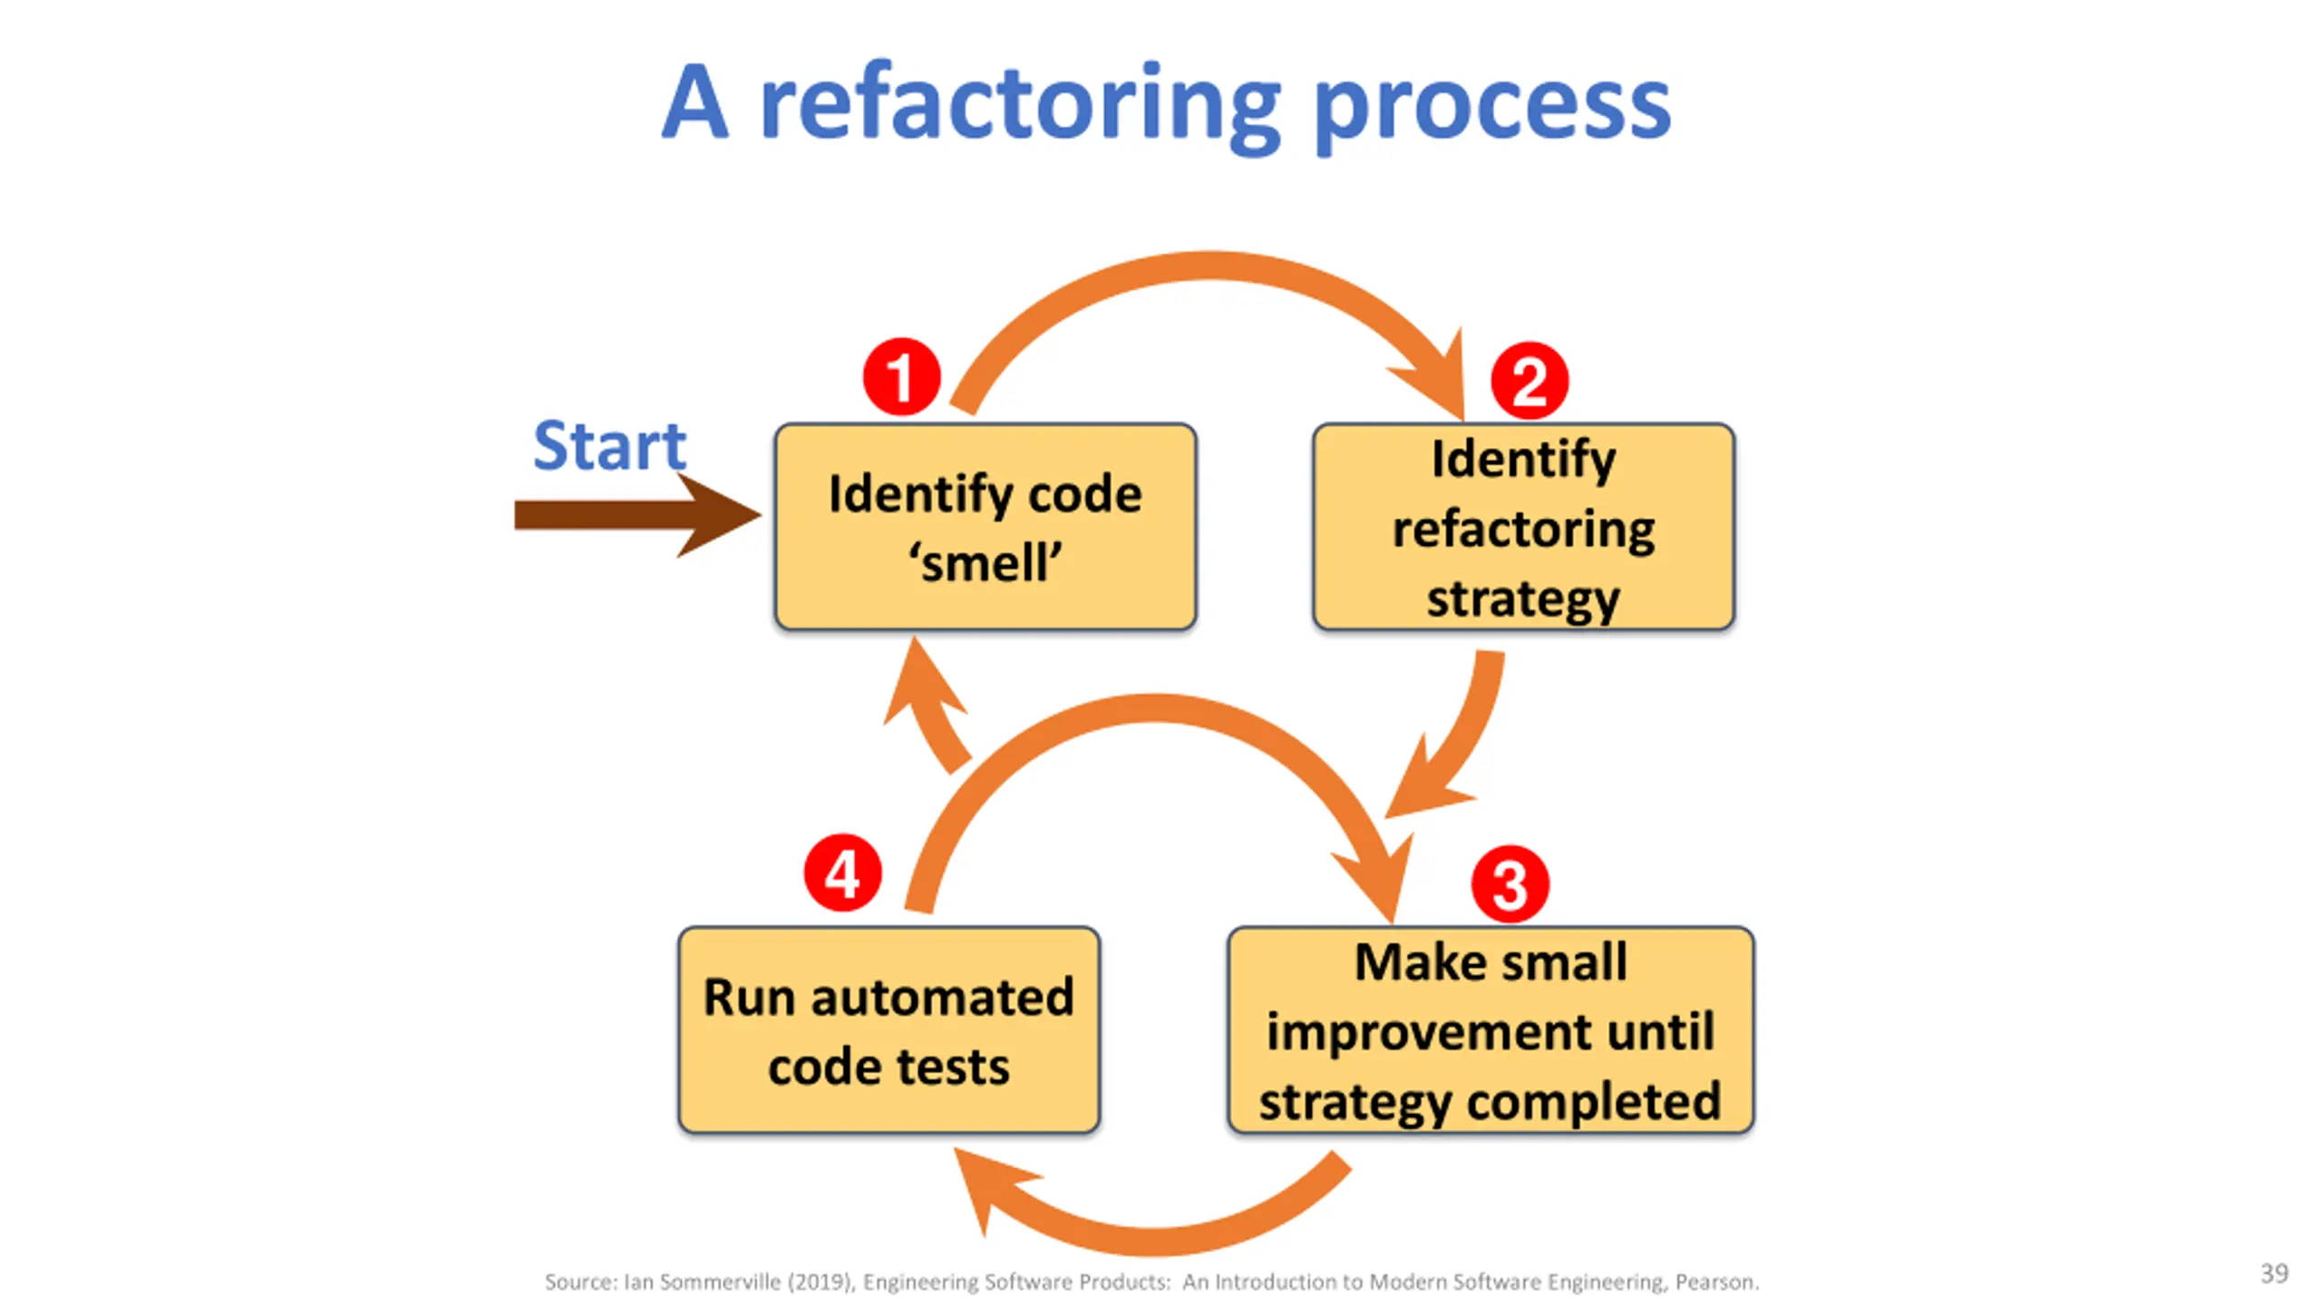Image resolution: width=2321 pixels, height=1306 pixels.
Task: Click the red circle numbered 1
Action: tap(901, 377)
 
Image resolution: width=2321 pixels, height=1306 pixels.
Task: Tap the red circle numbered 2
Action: tap(1530, 381)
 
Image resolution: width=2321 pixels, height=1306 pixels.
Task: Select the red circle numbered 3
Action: tap(1510, 884)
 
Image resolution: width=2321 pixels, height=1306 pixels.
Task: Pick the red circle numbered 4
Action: tap(842, 873)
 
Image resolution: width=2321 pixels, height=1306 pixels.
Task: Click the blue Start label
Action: tap(609, 446)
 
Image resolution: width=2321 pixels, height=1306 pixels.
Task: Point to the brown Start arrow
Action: tap(637, 514)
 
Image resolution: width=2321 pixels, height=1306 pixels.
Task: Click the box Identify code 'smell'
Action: tap(986, 527)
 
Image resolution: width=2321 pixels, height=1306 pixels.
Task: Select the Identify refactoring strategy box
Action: tap(1523, 527)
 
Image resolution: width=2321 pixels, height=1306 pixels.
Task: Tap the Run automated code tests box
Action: tap(889, 1030)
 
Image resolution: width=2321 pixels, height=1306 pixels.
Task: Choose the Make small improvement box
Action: tap(1491, 1030)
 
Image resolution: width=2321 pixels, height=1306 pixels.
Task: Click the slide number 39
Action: tap(2274, 1273)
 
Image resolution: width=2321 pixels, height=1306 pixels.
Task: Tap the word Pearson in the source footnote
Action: tap(1716, 1282)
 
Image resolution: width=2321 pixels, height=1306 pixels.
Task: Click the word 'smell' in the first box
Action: tap(986, 563)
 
